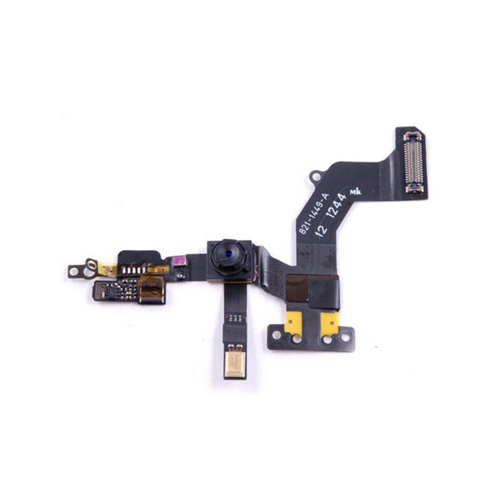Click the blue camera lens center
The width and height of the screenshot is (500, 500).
[x=228, y=254]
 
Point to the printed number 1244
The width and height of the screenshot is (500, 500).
[x=337, y=206]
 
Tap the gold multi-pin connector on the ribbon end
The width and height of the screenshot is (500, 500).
[x=414, y=163]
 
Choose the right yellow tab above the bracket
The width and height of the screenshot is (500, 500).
[x=330, y=323]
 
